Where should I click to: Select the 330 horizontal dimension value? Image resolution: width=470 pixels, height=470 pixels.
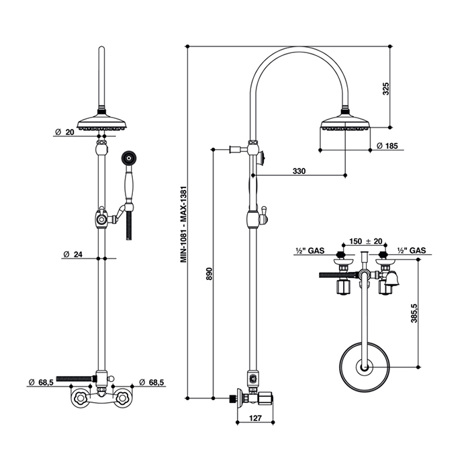pos(299,171)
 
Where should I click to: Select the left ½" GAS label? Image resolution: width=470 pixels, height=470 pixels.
pos(310,250)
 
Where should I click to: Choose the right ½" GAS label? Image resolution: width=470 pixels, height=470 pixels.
pos(412,250)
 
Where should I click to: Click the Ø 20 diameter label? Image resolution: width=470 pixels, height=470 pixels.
pos(64,133)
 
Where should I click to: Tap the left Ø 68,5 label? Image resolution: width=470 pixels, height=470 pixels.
pos(41,383)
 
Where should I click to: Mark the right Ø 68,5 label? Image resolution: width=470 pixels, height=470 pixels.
pos(152,383)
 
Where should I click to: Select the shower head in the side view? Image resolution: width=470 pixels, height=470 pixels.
pos(346,124)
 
